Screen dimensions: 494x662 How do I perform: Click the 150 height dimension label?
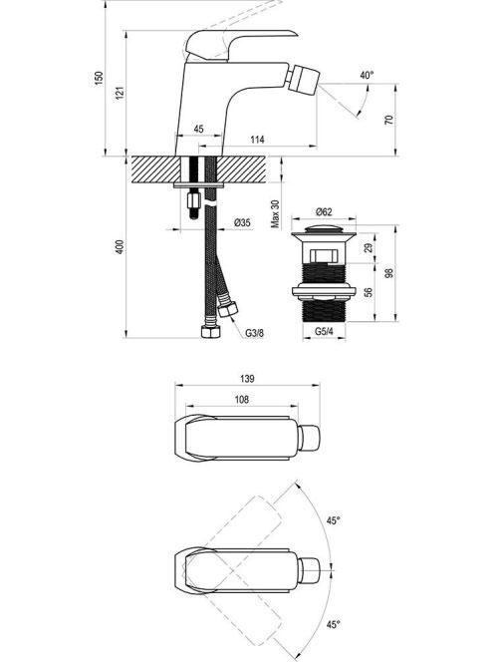[99, 78]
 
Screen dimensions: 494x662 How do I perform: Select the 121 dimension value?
[121, 93]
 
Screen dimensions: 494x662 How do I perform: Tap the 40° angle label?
[368, 75]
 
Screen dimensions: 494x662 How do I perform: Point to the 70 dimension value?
[389, 120]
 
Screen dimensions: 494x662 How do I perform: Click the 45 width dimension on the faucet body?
[198, 129]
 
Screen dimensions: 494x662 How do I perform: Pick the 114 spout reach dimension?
[257, 140]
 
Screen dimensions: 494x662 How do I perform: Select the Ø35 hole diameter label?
[242, 222]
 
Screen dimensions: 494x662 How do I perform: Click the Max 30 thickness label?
[275, 214]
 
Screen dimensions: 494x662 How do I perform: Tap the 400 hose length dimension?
[120, 246]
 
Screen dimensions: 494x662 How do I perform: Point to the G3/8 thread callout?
[255, 333]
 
